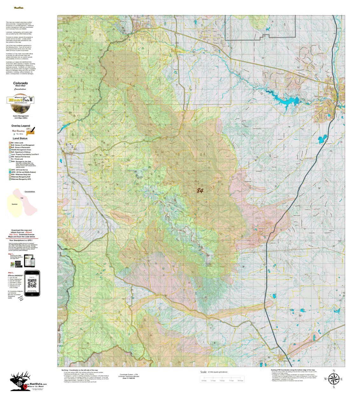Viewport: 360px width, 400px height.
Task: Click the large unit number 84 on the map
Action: pyautogui.click(x=200, y=191)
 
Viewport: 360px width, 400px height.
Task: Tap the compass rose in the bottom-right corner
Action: pyautogui.click(x=333, y=379)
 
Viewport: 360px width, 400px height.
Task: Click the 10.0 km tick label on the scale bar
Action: pyautogui.click(x=240, y=381)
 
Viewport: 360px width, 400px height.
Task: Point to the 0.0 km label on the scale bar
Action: pyautogui.click(x=204, y=381)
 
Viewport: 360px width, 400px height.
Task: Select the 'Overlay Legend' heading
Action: pyautogui.click(x=21, y=126)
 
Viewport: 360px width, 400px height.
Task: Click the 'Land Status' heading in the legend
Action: pyautogui.click(x=20, y=138)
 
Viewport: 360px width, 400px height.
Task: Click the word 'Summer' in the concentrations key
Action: pyautogui.click(x=15, y=204)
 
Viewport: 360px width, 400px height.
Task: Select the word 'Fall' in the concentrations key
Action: pyautogui.click(x=22, y=198)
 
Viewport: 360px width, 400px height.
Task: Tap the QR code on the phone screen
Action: pyautogui.click(x=32, y=283)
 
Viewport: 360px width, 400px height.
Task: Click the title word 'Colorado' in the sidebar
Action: pyautogui.click(x=20, y=83)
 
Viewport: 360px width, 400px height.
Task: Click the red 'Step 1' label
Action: pyautogui.click(x=11, y=254)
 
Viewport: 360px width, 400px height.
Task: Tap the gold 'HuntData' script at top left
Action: pyautogui.click(x=19, y=8)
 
